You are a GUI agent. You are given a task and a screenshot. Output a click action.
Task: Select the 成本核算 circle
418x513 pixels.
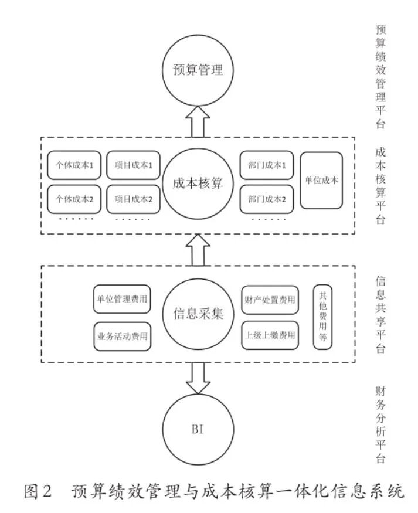click(x=198, y=184)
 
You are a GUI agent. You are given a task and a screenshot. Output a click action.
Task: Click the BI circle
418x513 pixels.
click(x=198, y=430)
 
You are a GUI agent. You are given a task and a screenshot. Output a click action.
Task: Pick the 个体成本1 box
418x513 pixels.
click(x=74, y=165)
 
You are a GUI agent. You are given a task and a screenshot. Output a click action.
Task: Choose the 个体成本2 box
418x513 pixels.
click(x=74, y=199)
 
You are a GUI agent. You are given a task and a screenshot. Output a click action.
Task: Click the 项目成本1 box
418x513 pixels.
click(x=134, y=165)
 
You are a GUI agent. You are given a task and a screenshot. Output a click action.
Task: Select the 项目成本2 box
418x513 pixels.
click(x=134, y=199)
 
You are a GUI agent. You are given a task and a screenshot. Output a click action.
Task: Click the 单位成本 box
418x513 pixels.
click(x=321, y=181)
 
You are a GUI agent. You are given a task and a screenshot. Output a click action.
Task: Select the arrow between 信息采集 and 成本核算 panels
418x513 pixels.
click(x=198, y=250)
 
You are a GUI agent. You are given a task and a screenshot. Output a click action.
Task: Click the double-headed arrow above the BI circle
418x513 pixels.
click(x=198, y=379)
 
